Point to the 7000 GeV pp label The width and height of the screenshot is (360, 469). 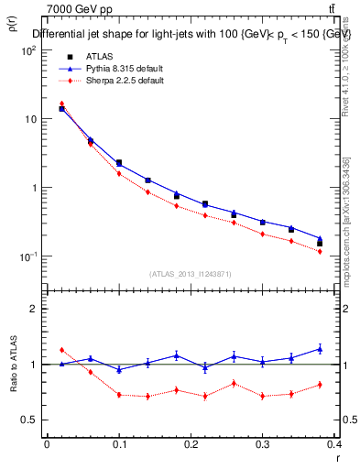(x=79, y=10)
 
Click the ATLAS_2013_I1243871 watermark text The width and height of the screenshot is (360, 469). (x=191, y=274)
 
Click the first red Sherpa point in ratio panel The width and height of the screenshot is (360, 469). (x=61, y=350)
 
